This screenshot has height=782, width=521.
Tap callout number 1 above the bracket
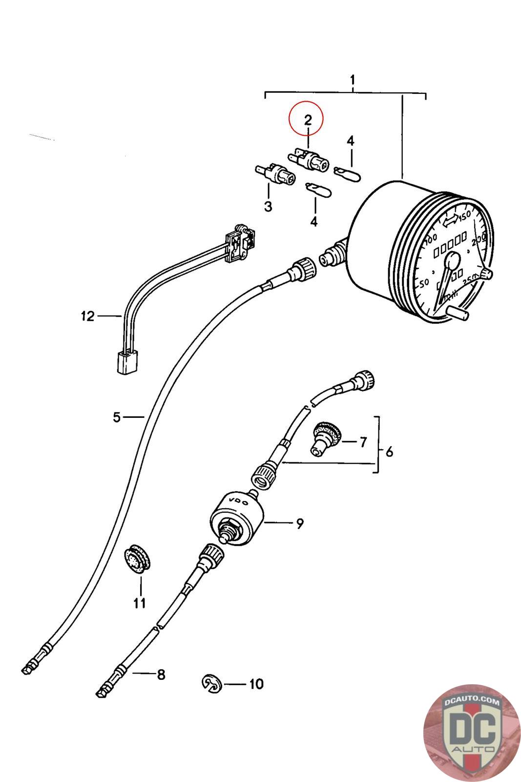point(353,80)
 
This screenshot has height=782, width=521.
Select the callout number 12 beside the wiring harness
point(87,316)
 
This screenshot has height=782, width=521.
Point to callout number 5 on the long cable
point(116,417)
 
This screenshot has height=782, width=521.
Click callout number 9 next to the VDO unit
point(299,523)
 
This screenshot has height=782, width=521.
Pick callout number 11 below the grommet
point(140,603)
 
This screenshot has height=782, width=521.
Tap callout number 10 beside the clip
point(256,683)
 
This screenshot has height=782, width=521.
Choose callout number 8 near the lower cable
point(161,675)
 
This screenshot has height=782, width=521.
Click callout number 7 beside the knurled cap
point(363,442)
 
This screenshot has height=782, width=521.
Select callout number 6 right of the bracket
point(389,452)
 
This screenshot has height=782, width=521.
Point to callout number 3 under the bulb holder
point(268,206)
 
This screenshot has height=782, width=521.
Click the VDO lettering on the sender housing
point(239,502)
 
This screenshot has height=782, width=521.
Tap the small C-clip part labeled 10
point(212,683)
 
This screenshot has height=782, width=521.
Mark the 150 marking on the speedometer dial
point(464,215)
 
